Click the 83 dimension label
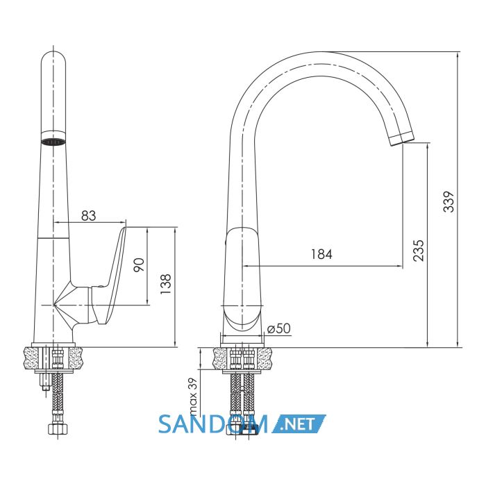(x=89, y=216)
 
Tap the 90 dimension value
(x=139, y=265)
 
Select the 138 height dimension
(x=166, y=284)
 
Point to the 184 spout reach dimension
(x=321, y=254)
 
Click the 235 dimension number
(x=419, y=251)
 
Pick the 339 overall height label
(x=449, y=202)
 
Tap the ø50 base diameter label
(x=279, y=328)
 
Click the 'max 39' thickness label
(x=193, y=396)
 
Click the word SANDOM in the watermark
(x=213, y=424)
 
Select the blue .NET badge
(x=299, y=424)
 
